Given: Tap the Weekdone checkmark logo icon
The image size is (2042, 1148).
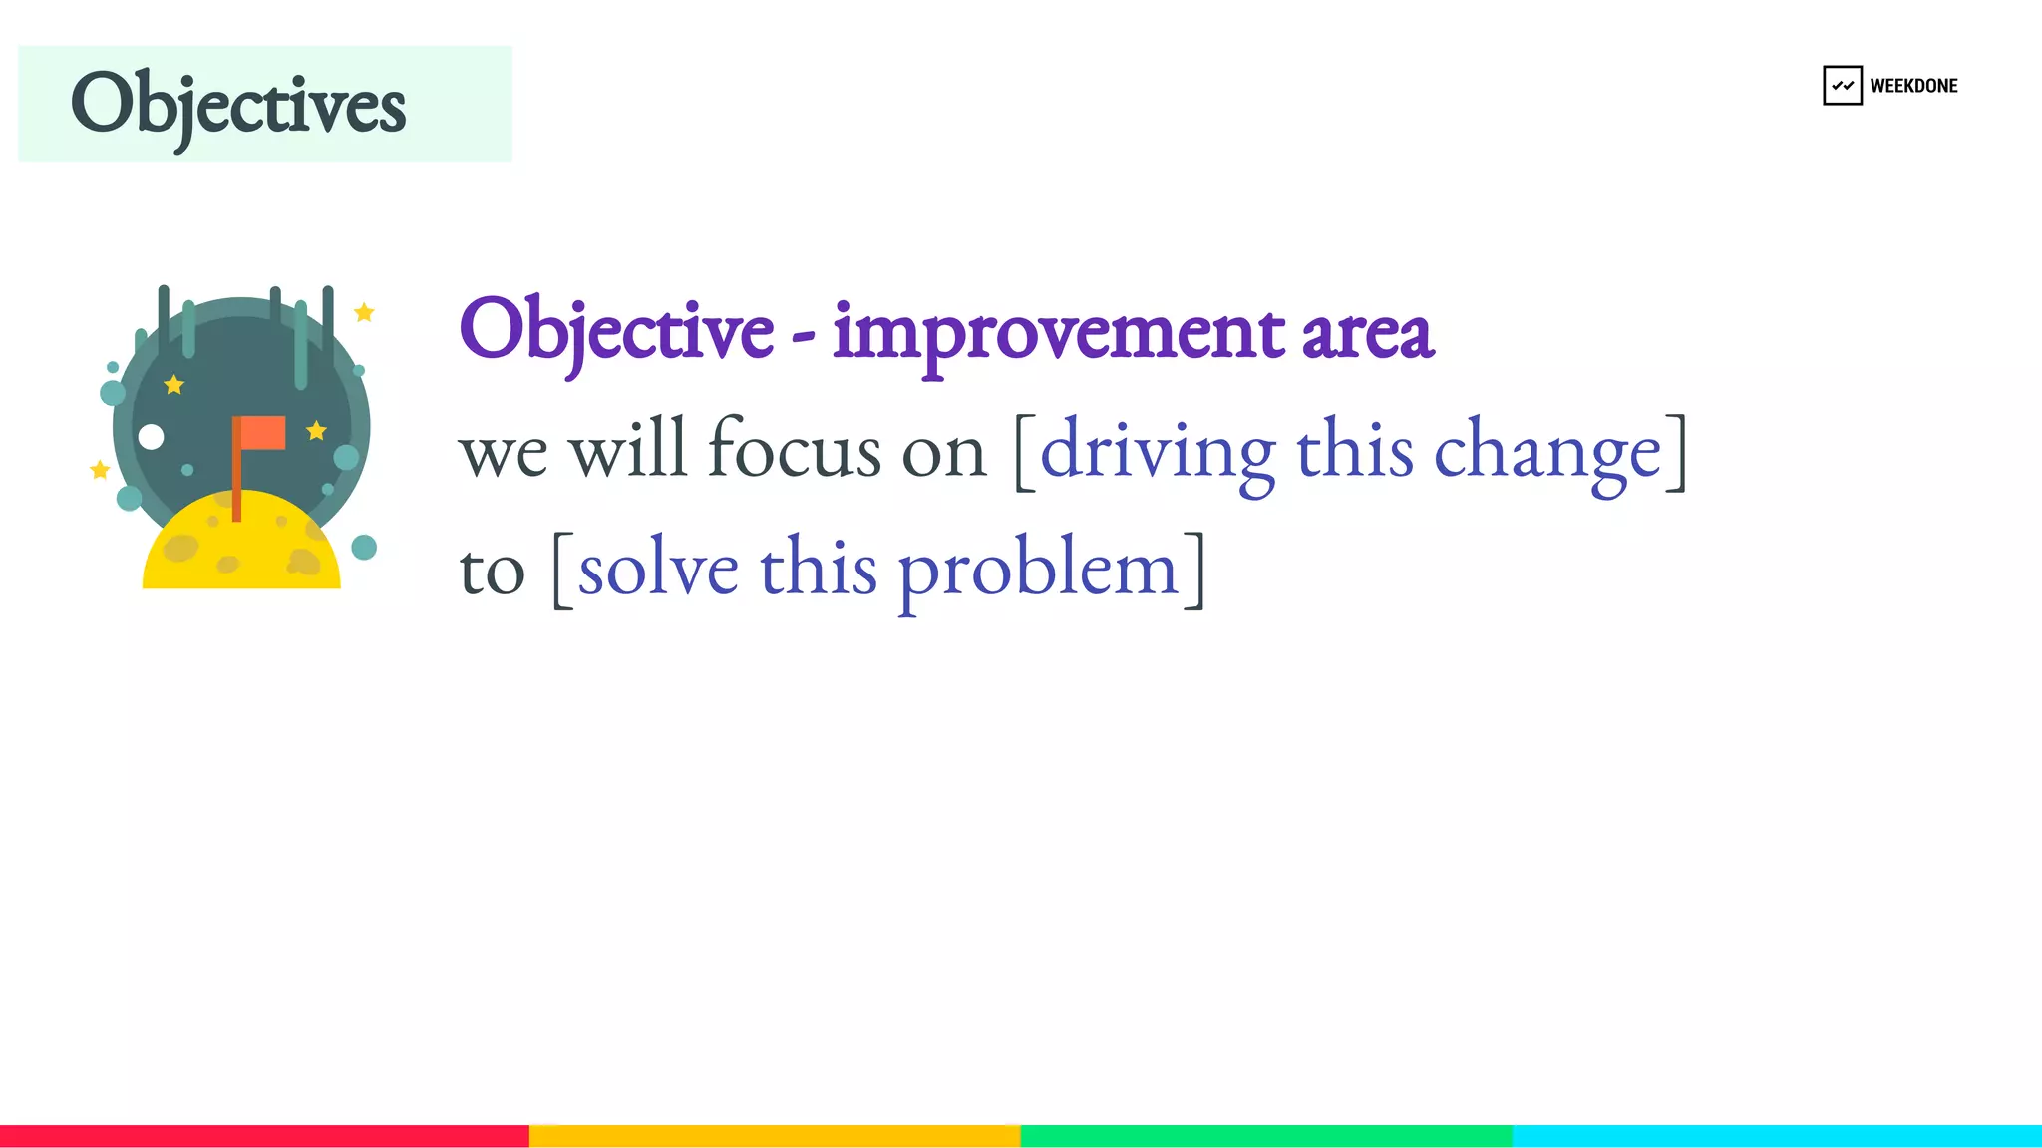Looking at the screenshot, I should click(1842, 86).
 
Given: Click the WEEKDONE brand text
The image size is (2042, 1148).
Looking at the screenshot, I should click(1913, 86).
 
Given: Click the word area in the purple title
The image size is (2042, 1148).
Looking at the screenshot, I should click(1367, 335).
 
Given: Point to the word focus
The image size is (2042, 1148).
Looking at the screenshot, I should click(794, 449).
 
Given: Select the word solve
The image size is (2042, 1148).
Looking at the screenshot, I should click(658, 569).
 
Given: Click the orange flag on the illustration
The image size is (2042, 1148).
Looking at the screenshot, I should click(262, 433).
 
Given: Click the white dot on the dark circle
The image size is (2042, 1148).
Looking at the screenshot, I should click(151, 437).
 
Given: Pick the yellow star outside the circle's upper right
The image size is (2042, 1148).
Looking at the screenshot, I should click(364, 313).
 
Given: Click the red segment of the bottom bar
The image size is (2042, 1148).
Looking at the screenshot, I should click(264, 1136).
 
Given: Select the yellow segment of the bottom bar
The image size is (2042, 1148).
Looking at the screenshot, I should click(775, 1136).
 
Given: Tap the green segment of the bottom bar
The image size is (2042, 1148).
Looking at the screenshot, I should click(1266, 1136).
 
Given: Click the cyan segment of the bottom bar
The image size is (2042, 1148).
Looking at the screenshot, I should click(1777, 1136).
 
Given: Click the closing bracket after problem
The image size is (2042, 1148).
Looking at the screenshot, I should click(1195, 569).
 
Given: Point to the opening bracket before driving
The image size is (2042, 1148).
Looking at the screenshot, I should click(1024, 452).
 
